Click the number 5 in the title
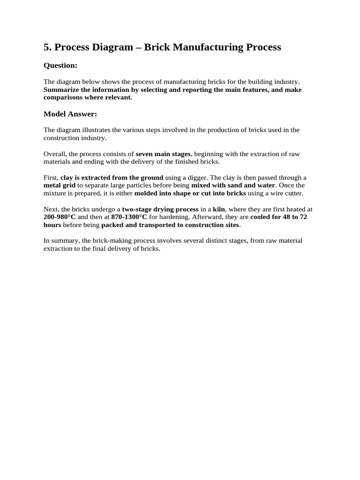pos(46,47)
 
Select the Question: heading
pos(60,66)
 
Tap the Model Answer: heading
pos(70,114)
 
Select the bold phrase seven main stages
pos(163,154)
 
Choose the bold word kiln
pos(219,210)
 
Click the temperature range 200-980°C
pos(60,217)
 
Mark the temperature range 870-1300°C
pos(129,217)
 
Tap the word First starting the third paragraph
pos(51,178)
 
